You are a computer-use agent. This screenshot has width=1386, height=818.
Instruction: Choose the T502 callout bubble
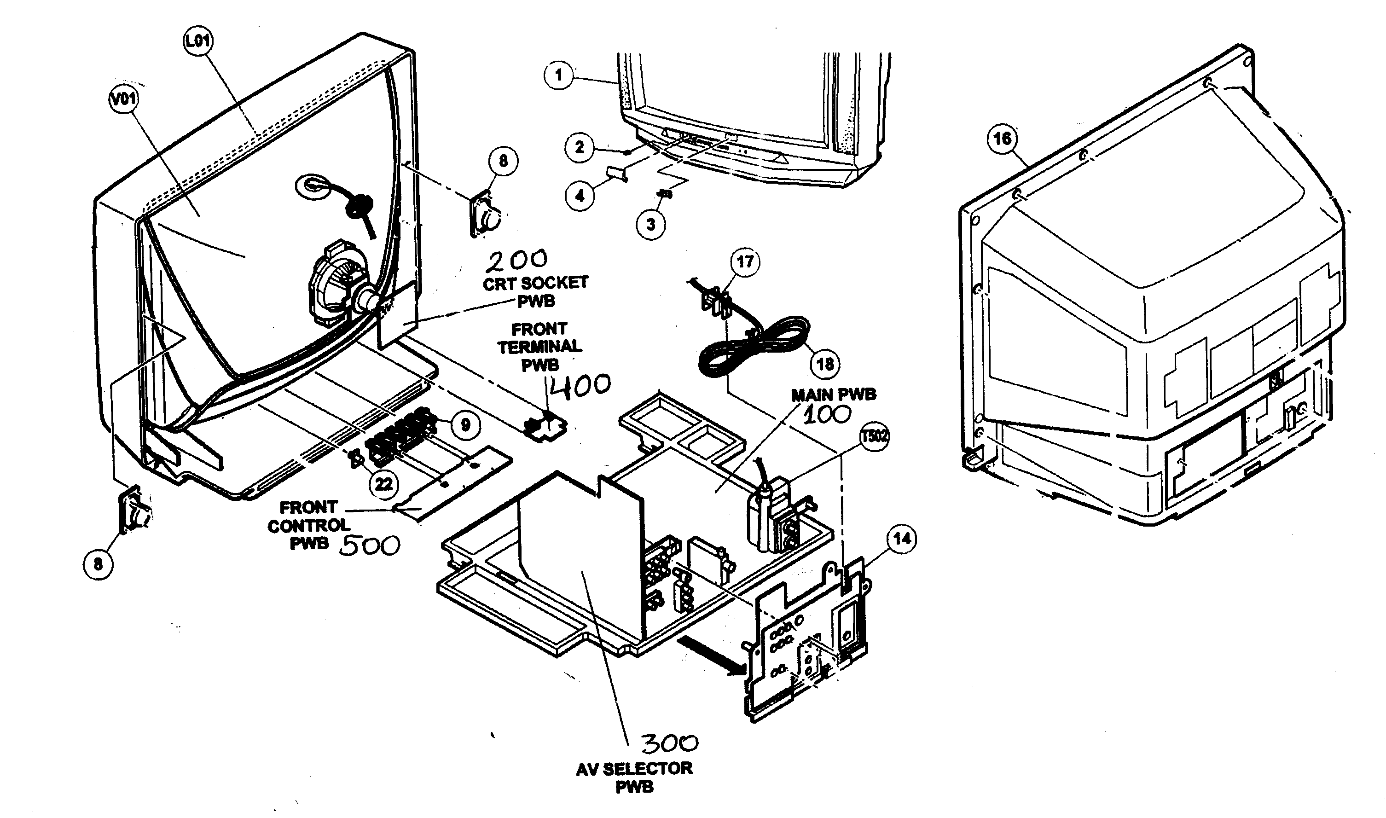pyautogui.click(x=875, y=436)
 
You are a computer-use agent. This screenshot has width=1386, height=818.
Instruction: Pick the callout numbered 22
pyautogui.click(x=383, y=484)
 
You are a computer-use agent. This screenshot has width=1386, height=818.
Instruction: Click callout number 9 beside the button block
pyautogui.click(x=466, y=424)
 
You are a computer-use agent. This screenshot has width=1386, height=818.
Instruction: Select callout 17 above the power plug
pyautogui.click(x=745, y=261)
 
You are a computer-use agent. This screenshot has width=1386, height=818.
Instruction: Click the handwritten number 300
pyautogui.click(x=669, y=743)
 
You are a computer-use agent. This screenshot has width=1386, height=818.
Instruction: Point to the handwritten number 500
pyautogui.click(x=369, y=545)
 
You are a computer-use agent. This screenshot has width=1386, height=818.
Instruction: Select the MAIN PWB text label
pyautogui.click(x=833, y=394)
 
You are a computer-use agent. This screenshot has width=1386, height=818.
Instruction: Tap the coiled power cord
pyautogui.click(x=755, y=347)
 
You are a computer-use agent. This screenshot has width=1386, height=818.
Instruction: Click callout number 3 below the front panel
pyautogui.click(x=650, y=224)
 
